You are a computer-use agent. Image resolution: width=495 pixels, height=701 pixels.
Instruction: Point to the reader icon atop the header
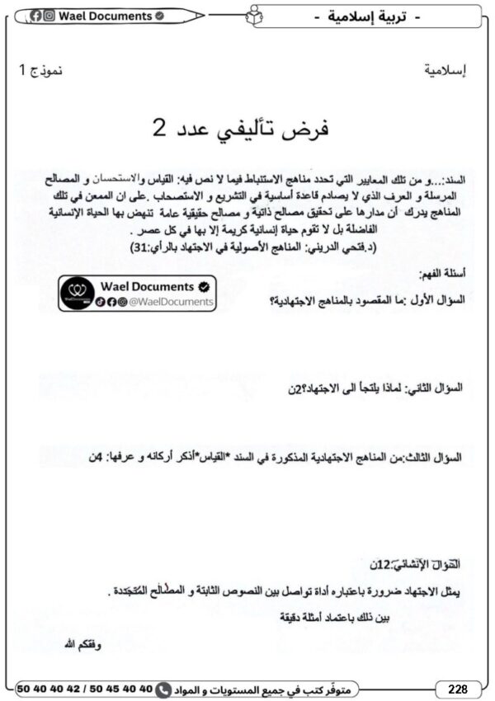point(255,14)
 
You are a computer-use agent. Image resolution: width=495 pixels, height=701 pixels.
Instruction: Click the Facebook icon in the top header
point(37,16)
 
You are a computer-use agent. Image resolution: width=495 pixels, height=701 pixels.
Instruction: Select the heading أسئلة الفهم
point(443,273)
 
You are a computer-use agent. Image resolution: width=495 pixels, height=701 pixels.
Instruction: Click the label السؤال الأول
point(436,300)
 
